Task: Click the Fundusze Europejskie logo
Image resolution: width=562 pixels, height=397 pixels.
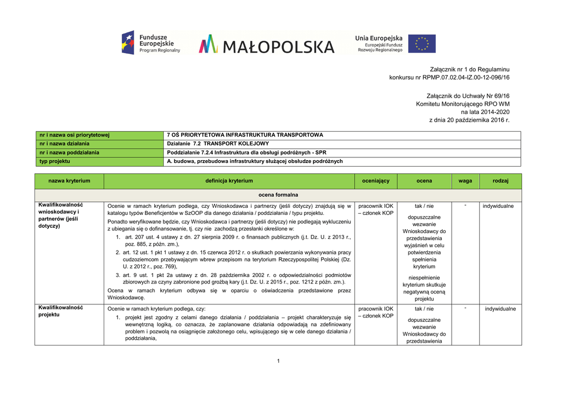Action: [x=151, y=43]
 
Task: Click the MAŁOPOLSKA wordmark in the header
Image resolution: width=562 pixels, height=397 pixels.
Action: [x=267, y=44]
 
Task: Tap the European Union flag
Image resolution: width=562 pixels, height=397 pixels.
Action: [x=422, y=43]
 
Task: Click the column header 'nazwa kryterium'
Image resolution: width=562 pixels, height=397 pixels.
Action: [x=69, y=181]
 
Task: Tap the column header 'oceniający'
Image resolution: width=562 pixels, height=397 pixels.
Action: [x=375, y=181]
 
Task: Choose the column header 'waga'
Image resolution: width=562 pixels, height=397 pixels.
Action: [x=465, y=181]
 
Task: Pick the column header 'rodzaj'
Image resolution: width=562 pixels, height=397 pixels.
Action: [x=500, y=181]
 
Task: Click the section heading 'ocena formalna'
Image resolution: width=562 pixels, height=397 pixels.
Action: [x=278, y=195]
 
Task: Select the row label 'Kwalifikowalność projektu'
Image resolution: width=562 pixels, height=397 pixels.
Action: [x=60, y=311]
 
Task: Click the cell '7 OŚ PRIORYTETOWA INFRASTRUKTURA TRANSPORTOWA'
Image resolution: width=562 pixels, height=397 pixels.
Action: [x=245, y=135]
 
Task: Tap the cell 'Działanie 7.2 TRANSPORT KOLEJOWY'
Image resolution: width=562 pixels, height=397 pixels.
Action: [x=218, y=144]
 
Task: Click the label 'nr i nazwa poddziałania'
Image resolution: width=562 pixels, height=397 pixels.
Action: [x=69, y=152]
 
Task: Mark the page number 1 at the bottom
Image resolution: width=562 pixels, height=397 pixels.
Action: [x=278, y=360]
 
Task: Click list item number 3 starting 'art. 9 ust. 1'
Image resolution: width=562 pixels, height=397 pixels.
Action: [x=233, y=279]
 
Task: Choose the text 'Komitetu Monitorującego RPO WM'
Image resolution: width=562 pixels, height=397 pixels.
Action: [x=463, y=103]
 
